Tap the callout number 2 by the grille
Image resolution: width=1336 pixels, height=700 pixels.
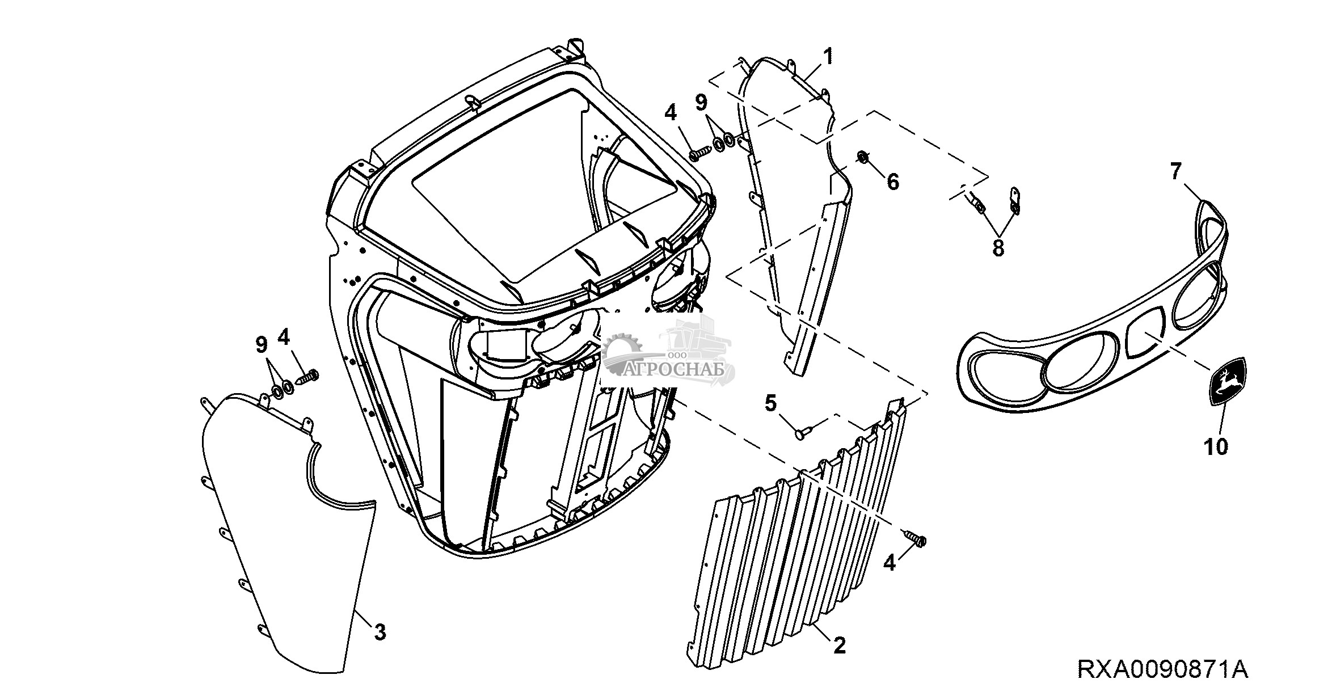(x=839, y=645)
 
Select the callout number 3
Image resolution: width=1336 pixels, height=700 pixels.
(x=380, y=631)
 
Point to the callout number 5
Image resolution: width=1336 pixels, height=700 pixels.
(x=770, y=404)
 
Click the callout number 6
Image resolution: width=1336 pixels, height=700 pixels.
(x=892, y=182)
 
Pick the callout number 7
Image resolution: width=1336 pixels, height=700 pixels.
(x=1175, y=171)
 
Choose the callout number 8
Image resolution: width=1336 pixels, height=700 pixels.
(x=998, y=247)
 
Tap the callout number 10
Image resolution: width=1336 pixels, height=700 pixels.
(x=1216, y=446)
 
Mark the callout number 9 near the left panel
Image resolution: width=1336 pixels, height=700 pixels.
(x=262, y=344)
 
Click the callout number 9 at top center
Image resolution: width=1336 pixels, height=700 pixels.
(x=702, y=103)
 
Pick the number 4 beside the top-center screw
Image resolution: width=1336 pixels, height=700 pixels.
(x=671, y=113)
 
